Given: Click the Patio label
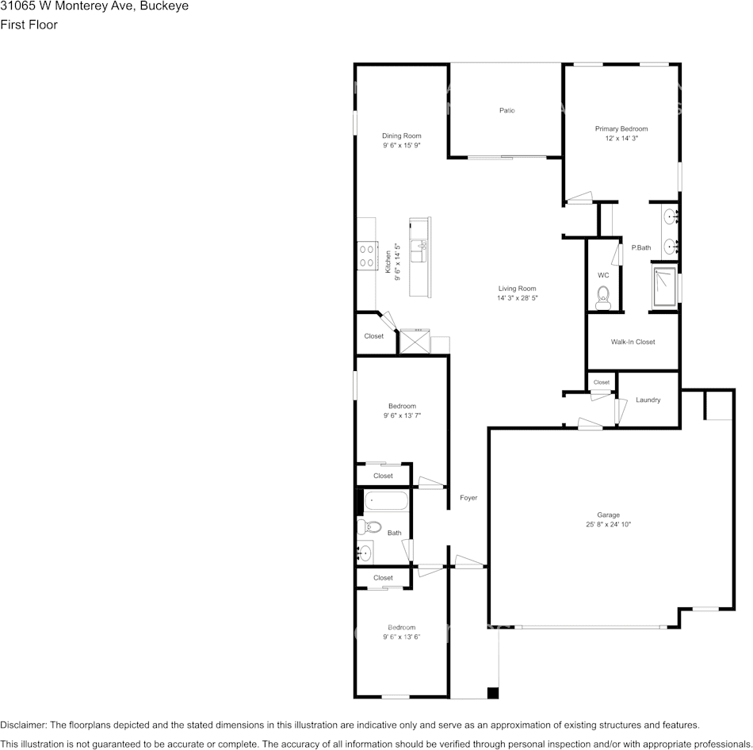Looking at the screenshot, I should pyautogui.click(x=506, y=110).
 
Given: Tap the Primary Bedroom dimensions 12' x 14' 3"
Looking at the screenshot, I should pyautogui.click(x=621, y=138).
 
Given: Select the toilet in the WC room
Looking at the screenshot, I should pyautogui.click(x=602, y=300).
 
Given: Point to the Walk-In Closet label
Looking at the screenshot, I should pyautogui.click(x=633, y=342).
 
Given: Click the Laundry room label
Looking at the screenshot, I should pyautogui.click(x=648, y=400).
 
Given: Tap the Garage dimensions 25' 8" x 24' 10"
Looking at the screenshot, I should pyautogui.click(x=608, y=524).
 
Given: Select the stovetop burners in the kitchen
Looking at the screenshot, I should pyautogui.click(x=367, y=254).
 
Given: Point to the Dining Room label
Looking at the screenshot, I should pyautogui.click(x=401, y=136).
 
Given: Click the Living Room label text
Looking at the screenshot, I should pyautogui.click(x=517, y=289).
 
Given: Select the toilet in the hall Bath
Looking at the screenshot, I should pyautogui.click(x=370, y=526).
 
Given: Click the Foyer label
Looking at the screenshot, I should pyautogui.click(x=468, y=498).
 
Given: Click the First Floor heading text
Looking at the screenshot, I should pyautogui.click(x=29, y=25).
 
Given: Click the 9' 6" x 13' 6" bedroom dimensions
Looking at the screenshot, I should pyautogui.click(x=401, y=637).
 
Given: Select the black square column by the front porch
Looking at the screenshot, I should pyautogui.click(x=492, y=692).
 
